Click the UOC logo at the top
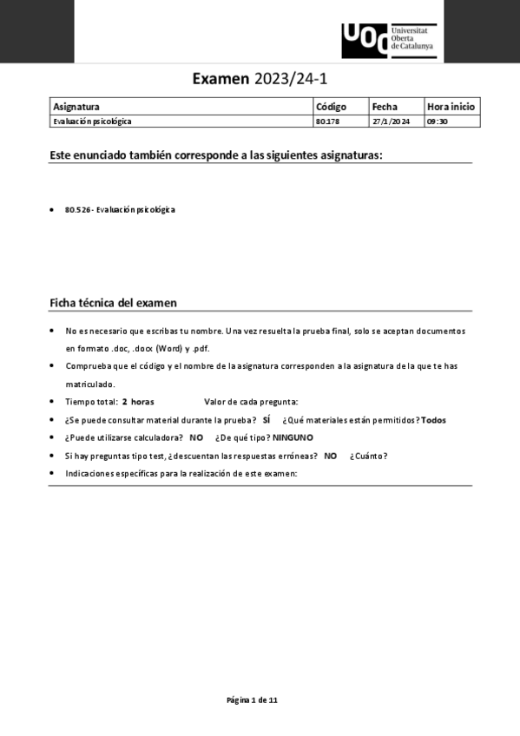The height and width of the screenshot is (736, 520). pos(388,40)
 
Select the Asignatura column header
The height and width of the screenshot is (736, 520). pos(76,107)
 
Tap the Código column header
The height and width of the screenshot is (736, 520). pos(331,107)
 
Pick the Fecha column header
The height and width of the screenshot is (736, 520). pos(385,107)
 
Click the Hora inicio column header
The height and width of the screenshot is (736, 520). pos(451,107)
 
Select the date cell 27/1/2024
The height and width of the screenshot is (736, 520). pos(391,122)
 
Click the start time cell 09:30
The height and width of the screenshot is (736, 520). pos(437,122)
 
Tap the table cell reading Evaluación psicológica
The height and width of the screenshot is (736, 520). pos(93,122)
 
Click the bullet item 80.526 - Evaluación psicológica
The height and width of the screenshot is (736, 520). pos(120,210)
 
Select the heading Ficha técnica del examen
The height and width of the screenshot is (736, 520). pos(113,303)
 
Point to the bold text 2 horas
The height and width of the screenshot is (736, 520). pos(138,402)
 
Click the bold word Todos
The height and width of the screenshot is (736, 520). pos(432,420)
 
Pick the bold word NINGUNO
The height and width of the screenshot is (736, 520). pos(293,437)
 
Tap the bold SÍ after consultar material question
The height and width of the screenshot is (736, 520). pos(267,420)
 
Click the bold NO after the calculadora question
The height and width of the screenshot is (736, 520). pos(196,437)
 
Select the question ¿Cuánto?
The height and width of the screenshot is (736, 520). pos(369,456)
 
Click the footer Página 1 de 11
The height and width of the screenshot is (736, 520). pos(252,700)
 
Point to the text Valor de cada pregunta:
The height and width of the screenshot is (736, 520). pos(251,402)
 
